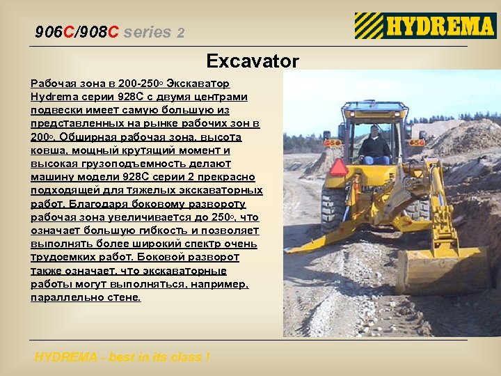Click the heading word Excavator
point(252,61)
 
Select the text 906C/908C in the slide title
point(77,32)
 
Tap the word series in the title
point(148,32)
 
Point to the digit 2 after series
point(181,33)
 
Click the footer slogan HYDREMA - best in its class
point(122,357)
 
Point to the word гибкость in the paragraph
point(161,230)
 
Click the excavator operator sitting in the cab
point(375,146)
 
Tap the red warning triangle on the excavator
point(340,168)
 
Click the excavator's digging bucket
point(438,272)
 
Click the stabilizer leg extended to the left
point(313,241)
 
